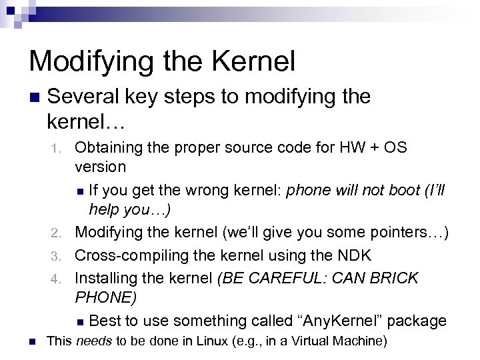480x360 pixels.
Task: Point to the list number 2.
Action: [x=57, y=233]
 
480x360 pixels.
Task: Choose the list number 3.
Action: [x=57, y=255]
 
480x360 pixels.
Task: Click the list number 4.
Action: [x=57, y=278]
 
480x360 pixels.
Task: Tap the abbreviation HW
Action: [x=368, y=147]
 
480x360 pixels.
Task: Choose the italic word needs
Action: [x=93, y=341]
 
